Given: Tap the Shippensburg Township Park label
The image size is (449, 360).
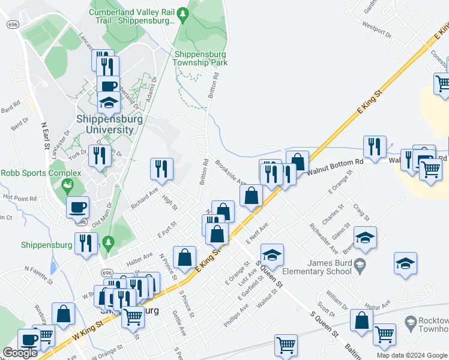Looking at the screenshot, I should click(200, 58).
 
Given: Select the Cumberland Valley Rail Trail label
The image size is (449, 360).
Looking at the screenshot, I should click(132, 16).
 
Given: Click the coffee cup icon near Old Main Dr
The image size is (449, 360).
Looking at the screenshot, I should click(77, 208).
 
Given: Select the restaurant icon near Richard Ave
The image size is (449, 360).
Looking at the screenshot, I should click(161, 169).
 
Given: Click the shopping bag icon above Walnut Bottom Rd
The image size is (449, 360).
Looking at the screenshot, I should click(297, 161).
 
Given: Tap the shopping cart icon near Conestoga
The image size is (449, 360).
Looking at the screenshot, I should click(442, 85).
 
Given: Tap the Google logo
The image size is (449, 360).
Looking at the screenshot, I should click(20, 353).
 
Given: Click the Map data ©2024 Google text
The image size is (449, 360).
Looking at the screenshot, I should click(411, 355).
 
